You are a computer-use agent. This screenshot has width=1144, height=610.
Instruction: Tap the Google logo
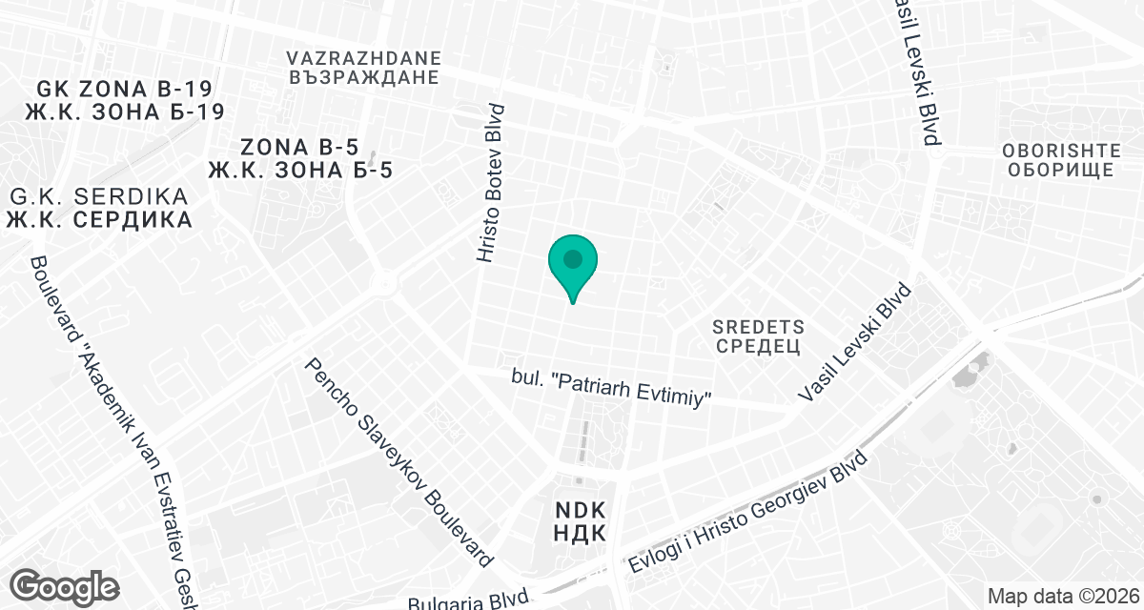tap(66, 585)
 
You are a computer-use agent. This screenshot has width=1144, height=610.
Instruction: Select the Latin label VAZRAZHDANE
tap(363, 56)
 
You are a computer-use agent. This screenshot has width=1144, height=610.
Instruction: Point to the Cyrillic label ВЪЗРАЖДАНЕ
tap(363, 77)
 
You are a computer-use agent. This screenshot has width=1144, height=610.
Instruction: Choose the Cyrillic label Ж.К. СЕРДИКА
tap(99, 219)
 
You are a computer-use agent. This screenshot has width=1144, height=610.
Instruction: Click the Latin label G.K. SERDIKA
tap(99, 197)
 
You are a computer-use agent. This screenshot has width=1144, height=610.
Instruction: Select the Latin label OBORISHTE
tap(1058, 150)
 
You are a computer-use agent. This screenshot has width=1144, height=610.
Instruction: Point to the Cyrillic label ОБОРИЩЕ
tap(1058, 171)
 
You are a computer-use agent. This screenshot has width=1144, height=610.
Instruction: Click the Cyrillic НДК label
tap(579, 533)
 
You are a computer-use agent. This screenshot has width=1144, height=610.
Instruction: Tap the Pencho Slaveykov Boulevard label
tap(398, 463)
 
